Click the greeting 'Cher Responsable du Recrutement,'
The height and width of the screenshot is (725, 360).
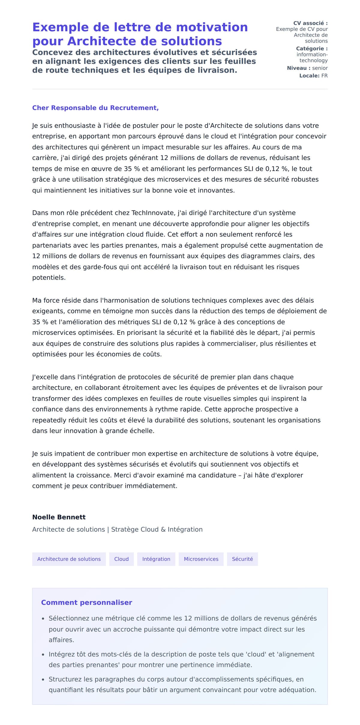pyautogui.click(x=95, y=108)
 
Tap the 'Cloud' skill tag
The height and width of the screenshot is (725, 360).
pyautogui.click(x=121, y=559)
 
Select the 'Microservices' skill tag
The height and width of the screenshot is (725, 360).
pyautogui.click(x=201, y=559)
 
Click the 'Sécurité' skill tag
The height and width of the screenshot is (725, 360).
pyautogui.click(x=242, y=559)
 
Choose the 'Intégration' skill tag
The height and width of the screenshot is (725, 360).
pyautogui.click(x=156, y=559)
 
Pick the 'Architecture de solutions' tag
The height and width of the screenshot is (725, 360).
pyautogui.click(x=69, y=559)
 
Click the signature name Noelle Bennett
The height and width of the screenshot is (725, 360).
pyautogui.click(x=59, y=517)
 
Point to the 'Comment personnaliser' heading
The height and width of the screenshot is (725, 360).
pyautogui.click(x=86, y=602)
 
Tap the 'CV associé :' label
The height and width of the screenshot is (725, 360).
pyautogui.click(x=310, y=23)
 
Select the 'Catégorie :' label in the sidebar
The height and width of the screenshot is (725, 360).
pyautogui.click(x=312, y=49)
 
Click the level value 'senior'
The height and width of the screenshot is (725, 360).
pyautogui.click(x=320, y=68)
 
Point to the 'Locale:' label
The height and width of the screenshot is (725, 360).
pyautogui.click(x=309, y=76)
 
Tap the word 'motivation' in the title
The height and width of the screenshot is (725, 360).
pyautogui.click(x=212, y=27)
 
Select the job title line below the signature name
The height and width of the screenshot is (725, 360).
pyautogui.click(x=117, y=530)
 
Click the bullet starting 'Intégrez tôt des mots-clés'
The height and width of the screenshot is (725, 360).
pyautogui.click(x=181, y=659)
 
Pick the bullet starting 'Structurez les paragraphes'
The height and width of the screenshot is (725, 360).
pyautogui.click(x=182, y=685)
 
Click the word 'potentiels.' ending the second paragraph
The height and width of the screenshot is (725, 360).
pyautogui.click(x=49, y=278)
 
